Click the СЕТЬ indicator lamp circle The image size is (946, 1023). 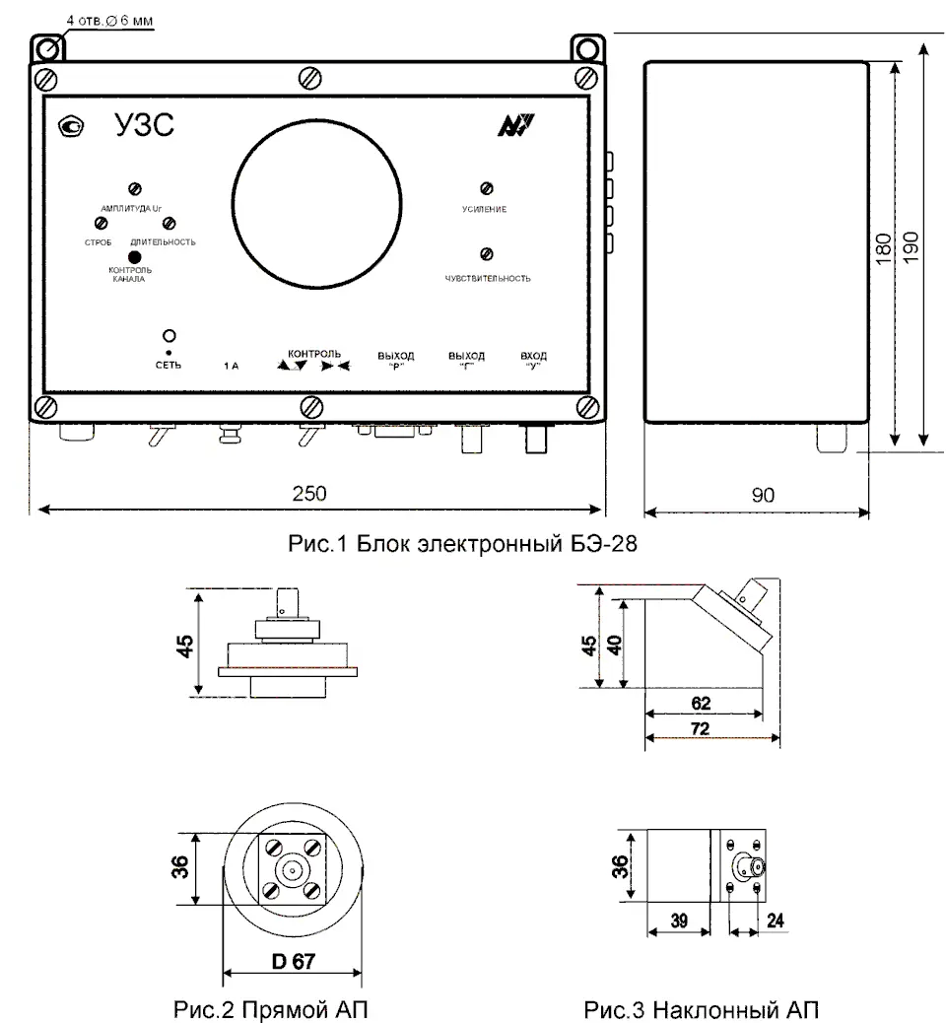pyautogui.click(x=169, y=335)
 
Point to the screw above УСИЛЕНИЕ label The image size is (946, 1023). pyautogui.click(x=485, y=187)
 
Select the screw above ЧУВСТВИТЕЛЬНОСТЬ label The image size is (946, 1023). pyautogui.click(x=485, y=253)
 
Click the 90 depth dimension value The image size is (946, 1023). pyautogui.click(x=763, y=495)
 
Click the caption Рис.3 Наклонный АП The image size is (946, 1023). pyautogui.click(x=701, y=1009)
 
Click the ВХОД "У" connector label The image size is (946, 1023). pyautogui.click(x=533, y=359)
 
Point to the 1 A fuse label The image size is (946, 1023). pyautogui.click(x=232, y=365)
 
